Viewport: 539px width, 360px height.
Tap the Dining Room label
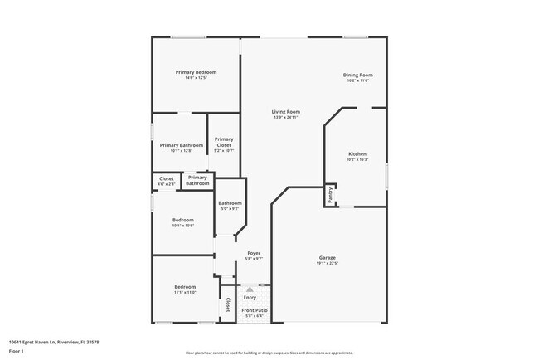click(357, 75)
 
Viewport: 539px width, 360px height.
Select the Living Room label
click(286, 111)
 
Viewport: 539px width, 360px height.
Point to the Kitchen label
click(357, 154)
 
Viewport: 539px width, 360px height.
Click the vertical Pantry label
click(330, 195)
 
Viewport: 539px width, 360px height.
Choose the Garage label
click(328, 258)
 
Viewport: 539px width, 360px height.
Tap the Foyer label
click(254, 253)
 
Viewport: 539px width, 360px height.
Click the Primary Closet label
click(224, 142)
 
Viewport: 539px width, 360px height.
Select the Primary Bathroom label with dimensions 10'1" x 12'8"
click(181, 145)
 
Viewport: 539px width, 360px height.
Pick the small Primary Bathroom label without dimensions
click(197, 180)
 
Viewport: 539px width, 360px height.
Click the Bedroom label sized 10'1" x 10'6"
click(183, 220)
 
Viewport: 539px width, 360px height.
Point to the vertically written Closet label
click(228, 305)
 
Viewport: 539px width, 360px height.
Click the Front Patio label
click(252, 309)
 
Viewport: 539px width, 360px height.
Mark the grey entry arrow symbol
click(249, 289)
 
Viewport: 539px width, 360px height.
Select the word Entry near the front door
click(250, 297)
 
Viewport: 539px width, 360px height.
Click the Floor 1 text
click(16, 351)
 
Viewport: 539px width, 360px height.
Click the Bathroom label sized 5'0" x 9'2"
click(230, 203)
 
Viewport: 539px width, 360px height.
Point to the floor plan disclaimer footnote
click(269, 353)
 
